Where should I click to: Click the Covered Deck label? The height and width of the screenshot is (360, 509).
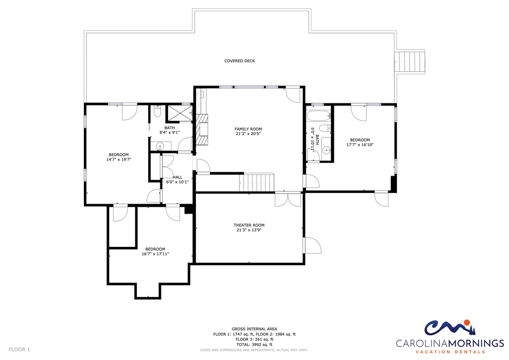click(x=240, y=61)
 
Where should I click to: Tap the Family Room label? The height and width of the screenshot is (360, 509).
click(x=248, y=129)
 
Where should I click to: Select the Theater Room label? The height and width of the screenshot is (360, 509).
click(x=249, y=225)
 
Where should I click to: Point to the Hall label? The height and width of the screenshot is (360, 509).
click(x=178, y=177)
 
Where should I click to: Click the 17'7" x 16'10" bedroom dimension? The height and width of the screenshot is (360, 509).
click(x=360, y=145)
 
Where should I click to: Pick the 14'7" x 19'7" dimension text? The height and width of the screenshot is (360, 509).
click(x=119, y=159)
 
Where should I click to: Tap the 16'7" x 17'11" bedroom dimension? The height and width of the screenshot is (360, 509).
click(x=155, y=254)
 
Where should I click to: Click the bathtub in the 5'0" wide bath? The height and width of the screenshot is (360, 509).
click(x=319, y=115)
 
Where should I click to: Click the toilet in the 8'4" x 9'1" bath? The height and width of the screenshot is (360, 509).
click(x=157, y=112)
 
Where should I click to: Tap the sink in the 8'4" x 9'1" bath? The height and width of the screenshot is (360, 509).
click(x=160, y=147)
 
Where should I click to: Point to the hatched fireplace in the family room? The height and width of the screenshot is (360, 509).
click(x=202, y=129)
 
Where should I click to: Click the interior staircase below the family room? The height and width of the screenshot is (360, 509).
click(x=259, y=183)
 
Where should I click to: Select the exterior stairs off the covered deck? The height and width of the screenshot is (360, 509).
click(x=410, y=62)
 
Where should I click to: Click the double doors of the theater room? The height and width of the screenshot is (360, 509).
click(x=288, y=200)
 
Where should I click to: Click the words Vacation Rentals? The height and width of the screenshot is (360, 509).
click(x=450, y=351)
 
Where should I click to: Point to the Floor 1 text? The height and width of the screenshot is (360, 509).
click(x=19, y=350)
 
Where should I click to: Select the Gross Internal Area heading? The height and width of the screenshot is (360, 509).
click(x=254, y=329)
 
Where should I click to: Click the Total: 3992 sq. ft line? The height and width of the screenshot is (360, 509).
click(x=254, y=344)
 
